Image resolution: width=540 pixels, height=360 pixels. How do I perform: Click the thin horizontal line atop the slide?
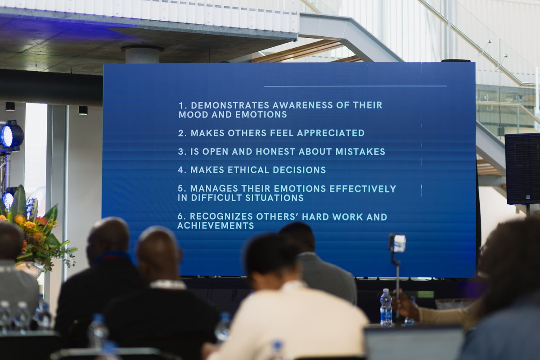355,86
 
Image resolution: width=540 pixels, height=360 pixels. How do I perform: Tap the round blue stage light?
11,135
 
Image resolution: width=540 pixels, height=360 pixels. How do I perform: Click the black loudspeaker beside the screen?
522,168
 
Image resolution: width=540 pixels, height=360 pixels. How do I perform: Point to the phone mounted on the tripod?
397,243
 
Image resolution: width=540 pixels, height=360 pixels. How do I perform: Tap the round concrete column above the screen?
142,54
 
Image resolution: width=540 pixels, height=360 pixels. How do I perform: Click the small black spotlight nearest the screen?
83,110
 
